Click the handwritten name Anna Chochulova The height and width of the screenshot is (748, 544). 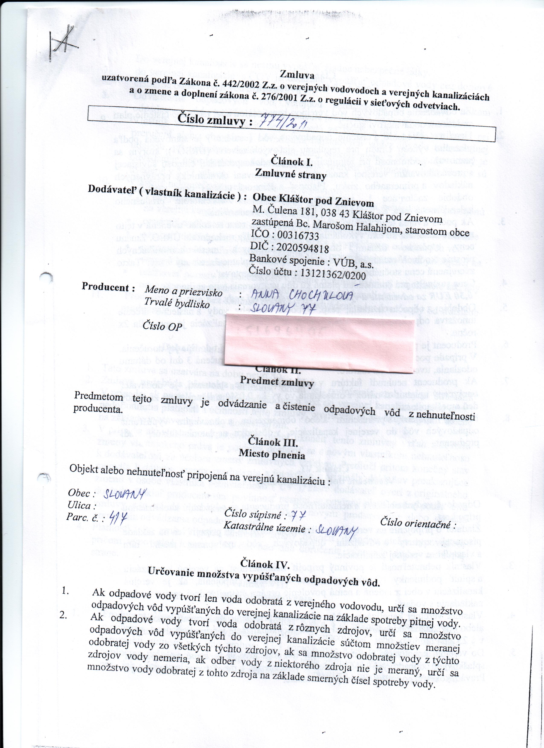tap(302, 295)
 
